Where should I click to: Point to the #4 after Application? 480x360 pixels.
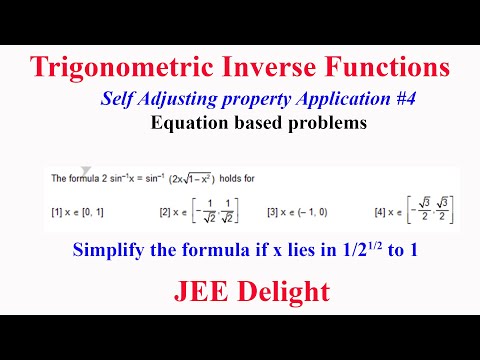(x=368, y=100)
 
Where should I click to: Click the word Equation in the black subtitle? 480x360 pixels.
(x=186, y=125)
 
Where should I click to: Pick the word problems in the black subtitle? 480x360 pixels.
(x=328, y=125)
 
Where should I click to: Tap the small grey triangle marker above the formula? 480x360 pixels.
(x=86, y=170)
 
